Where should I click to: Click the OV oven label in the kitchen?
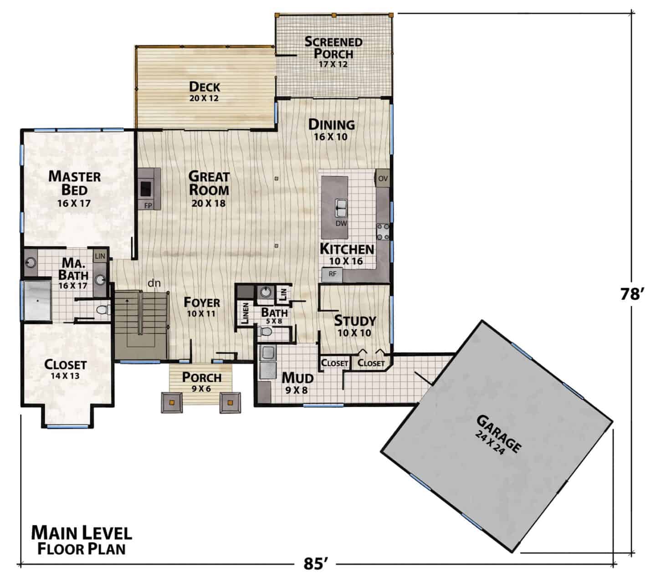(383, 179)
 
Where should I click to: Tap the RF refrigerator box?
(332, 274)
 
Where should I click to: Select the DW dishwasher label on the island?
(341, 223)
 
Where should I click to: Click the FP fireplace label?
(148, 205)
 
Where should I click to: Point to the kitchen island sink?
(341, 208)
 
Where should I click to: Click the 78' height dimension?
(630, 294)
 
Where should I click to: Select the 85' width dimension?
(316, 564)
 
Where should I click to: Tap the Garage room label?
(499, 434)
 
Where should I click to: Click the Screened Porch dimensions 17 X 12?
(333, 64)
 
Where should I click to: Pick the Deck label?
(204, 87)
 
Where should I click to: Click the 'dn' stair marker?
(154, 283)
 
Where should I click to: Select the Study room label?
(355, 321)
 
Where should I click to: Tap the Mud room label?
(297, 378)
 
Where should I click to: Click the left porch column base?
(172, 403)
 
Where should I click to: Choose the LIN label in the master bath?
(100, 256)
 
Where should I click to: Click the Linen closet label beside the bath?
(245, 313)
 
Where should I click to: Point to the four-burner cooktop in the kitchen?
(383, 232)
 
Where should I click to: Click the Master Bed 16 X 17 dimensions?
(74, 203)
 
